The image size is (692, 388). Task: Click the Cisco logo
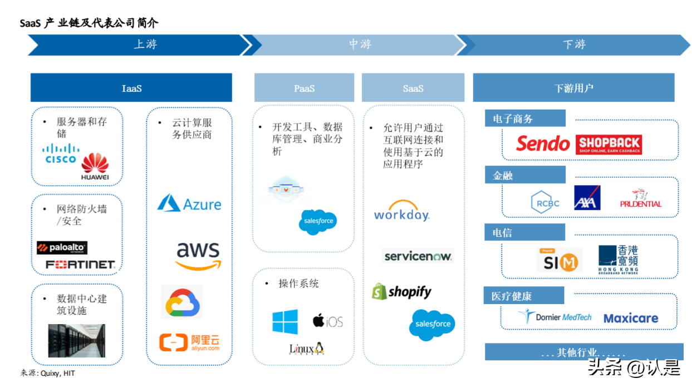tap(61, 153)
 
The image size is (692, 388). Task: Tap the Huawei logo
tap(95, 167)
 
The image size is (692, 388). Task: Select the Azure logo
tap(189, 203)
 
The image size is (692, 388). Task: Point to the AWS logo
tap(198, 256)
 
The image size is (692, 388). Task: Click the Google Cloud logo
tap(182, 302)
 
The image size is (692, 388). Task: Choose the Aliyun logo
tap(189, 342)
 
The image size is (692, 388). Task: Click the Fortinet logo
tap(80, 265)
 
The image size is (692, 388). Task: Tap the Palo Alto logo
tap(62, 248)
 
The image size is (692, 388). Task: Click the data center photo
tap(76, 341)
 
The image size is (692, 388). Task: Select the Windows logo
tap(285, 322)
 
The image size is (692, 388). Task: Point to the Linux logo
tap(306, 349)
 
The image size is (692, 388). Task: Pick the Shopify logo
tap(401, 291)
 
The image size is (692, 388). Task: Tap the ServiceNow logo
tap(418, 256)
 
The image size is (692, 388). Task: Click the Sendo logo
tap(543, 144)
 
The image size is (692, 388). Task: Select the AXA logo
tap(587, 198)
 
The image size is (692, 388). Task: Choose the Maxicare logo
tap(631, 319)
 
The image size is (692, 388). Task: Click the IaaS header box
tap(131, 88)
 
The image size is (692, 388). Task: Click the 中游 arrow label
tap(360, 44)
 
